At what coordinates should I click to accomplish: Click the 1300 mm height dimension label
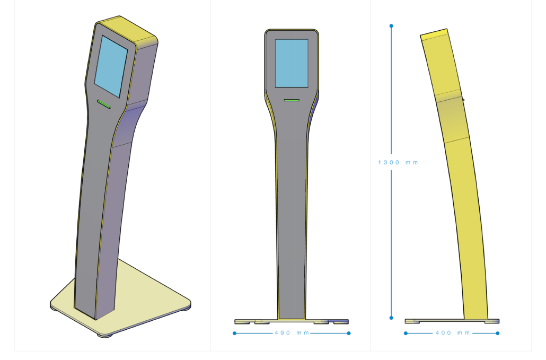[x=398, y=162]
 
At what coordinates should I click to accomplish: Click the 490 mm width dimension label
[x=292, y=333]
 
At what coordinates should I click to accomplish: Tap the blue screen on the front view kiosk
[x=292, y=63]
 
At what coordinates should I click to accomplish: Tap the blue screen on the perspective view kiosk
[x=111, y=66]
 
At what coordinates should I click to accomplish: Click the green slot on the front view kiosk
[x=292, y=100]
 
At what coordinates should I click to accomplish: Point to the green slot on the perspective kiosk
[x=104, y=104]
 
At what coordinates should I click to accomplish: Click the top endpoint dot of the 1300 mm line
[x=391, y=26]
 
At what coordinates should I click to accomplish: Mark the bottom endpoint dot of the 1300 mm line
[x=391, y=318]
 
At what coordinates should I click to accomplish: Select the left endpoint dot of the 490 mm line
[x=235, y=333]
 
